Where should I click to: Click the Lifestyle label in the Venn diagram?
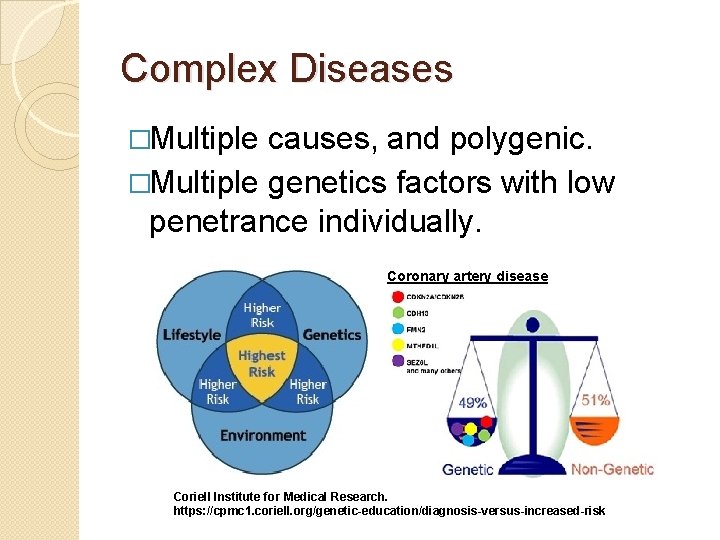[x=191, y=335]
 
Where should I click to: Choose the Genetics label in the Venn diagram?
[x=331, y=335]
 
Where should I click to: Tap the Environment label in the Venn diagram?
[x=262, y=436]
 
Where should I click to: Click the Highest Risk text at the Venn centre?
[x=262, y=363]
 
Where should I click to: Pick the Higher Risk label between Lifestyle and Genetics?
[x=262, y=315]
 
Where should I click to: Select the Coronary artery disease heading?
[x=467, y=276]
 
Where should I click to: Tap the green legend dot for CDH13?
[x=398, y=312]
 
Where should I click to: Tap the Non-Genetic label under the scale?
[x=612, y=469]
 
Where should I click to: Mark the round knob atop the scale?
[x=532, y=324]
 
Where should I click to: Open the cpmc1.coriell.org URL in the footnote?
[x=389, y=511]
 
